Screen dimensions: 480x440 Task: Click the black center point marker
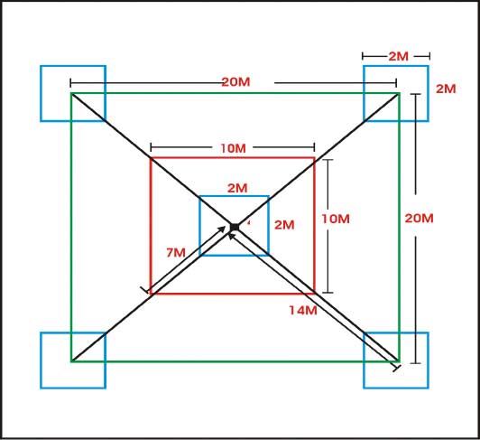click(x=235, y=227)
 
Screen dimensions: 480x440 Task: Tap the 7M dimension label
click(x=176, y=253)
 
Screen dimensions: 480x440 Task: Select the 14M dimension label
click(x=303, y=311)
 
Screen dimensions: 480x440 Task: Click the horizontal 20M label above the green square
click(x=235, y=82)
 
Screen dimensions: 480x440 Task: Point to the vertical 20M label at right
click(x=419, y=219)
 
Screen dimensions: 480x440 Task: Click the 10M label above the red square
click(x=234, y=148)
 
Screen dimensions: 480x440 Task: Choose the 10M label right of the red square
click(x=336, y=219)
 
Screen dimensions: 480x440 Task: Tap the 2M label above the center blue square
click(x=237, y=188)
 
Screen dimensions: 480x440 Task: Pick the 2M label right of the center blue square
click(x=284, y=225)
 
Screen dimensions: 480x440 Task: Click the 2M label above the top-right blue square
click(x=399, y=56)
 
